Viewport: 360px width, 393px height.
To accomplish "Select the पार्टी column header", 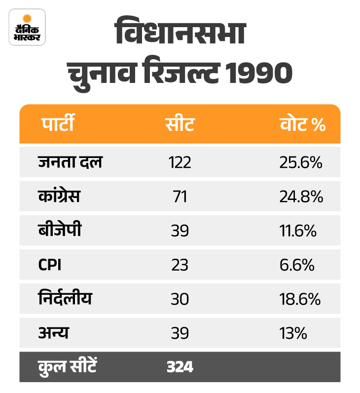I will (57, 124).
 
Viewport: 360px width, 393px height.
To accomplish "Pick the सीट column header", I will (180, 124).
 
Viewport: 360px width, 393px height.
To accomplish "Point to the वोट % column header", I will (302, 124).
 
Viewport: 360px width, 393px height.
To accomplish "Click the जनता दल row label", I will (70, 162).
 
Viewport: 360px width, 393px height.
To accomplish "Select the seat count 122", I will (180, 162).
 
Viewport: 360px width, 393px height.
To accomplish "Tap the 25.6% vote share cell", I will (301, 162).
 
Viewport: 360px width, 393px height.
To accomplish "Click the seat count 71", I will (180, 196).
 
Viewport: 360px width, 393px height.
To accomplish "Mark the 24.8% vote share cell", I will (301, 196).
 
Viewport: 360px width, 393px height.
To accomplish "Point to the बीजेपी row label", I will (59, 231).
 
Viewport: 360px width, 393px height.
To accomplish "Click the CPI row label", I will (50, 265).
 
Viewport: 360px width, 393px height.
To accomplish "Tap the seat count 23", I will (180, 265).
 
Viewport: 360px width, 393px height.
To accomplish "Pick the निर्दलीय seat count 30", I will (180, 299).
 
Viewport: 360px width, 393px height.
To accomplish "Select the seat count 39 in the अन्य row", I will (180, 333).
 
